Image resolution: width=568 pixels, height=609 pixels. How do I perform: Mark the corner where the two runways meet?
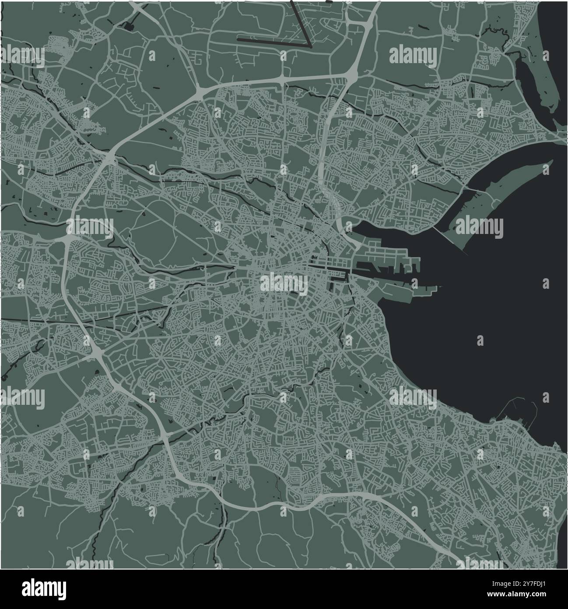[x=310, y=45]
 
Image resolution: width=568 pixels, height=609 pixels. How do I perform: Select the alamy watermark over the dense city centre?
[x=284, y=283]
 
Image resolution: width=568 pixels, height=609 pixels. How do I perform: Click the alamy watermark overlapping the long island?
[x=479, y=227]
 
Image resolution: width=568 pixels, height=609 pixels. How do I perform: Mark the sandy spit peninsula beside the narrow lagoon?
[x=540, y=88]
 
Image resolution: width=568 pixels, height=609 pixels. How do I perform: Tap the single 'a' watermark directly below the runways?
[x=284, y=56]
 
